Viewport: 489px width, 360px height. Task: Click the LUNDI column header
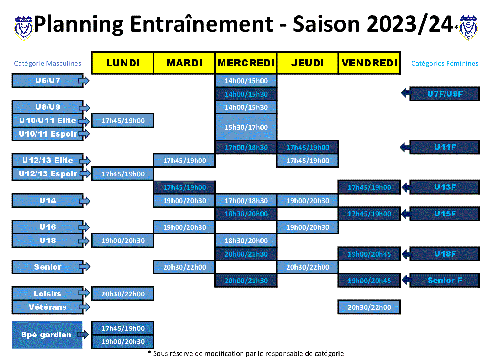[123, 63]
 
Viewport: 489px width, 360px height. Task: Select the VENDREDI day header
[369, 63]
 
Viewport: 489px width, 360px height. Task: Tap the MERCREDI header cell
[246, 63]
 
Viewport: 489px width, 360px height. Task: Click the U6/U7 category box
[47, 80]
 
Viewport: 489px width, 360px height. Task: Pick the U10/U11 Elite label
[47, 120]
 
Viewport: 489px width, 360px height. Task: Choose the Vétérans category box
[47, 307]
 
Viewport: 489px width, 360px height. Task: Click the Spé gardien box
[47, 335]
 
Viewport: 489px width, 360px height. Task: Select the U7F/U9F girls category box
[444, 94]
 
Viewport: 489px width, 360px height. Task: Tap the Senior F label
[444, 280]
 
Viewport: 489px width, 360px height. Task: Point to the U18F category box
[444, 254]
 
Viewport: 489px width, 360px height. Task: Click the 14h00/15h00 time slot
[246, 81]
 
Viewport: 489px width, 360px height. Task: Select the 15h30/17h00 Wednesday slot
[246, 127]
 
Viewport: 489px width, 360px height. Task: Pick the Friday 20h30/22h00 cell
[369, 307]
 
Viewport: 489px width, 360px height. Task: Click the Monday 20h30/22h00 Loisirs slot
[123, 294]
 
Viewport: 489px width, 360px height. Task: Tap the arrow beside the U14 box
[85, 201]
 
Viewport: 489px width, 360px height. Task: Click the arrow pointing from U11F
[405, 147]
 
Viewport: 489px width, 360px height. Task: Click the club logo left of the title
[24, 28]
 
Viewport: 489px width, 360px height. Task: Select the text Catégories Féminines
[445, 63]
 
